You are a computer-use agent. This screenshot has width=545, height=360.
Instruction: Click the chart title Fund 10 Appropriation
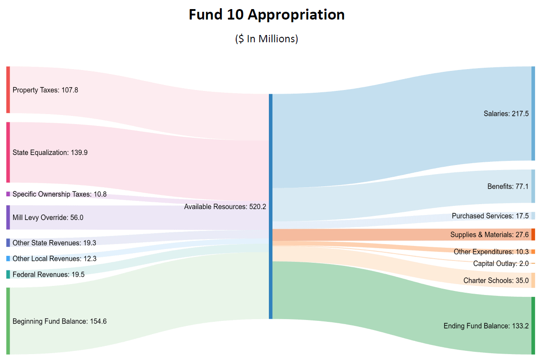point(267,15)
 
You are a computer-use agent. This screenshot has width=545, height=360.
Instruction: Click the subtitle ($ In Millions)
point(267,39)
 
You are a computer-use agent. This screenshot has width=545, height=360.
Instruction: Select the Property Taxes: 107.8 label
point(45,90)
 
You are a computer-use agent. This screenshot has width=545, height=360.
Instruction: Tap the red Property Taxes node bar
point(8,90)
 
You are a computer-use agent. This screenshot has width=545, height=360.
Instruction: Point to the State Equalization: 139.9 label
point(50,153)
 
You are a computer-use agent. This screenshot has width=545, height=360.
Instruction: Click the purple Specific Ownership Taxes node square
point(8,194)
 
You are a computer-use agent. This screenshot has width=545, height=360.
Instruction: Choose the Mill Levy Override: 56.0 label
point(48,218)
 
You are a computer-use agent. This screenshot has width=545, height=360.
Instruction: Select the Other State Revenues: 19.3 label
point(54,243)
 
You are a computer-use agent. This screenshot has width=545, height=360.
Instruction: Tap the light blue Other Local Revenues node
point(8,259)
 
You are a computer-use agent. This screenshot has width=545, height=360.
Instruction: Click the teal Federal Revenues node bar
point(8,275)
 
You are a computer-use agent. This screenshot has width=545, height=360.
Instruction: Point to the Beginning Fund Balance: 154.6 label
point(59,321)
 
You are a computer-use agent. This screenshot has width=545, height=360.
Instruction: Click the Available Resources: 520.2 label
point(225,207)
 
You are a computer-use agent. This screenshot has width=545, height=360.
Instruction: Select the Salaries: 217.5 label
point(506,114)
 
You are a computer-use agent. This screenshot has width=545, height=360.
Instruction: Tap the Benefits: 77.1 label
point(508,186)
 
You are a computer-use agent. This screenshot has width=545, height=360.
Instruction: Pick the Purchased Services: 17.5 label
point(490,216)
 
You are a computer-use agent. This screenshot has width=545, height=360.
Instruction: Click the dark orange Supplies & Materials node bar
point(533,235)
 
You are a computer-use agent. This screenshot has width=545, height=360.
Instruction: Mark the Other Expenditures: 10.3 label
point(491,252)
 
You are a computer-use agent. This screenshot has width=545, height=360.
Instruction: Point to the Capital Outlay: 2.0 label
point(500,264)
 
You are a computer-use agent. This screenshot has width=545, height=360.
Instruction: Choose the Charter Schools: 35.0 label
point(496,281)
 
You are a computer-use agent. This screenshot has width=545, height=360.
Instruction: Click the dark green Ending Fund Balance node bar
point(533,325)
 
